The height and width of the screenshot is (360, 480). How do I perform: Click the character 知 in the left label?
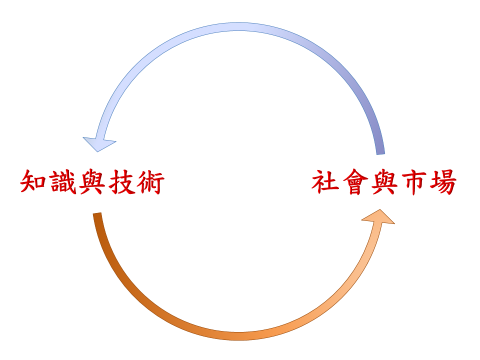coord(33,183)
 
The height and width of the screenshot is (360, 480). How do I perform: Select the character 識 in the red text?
coord(62,183)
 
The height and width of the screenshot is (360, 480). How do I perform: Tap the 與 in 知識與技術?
coord(91,183)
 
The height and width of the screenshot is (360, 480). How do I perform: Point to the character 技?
coord(120,183)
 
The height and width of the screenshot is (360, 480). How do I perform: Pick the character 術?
coord(149,183)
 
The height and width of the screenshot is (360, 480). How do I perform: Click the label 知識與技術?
coord(91,183)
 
